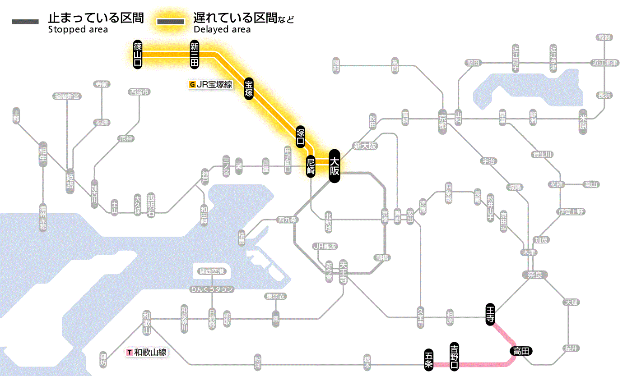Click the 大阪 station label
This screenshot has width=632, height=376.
[x=334, y=166]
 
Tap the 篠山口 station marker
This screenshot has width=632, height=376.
[x=138, y=54]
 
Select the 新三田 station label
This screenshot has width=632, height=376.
[x=195, y=54]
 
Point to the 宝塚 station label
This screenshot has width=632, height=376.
[x=249, y=88]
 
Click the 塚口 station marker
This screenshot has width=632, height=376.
[x=301, y=137]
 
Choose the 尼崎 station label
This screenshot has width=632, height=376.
[x=311, y=166]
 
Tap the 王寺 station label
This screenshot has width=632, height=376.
[x=491, y=313]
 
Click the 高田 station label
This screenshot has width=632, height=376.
[x=521, y=351]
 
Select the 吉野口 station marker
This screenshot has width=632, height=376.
[x=455, y=357]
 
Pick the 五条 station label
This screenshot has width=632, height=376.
[x=429, y=360]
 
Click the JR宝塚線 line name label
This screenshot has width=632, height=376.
[x=214, y=84]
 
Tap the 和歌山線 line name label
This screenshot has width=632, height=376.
[x=150, y=352]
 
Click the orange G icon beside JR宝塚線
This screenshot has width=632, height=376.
[x=193, y=84]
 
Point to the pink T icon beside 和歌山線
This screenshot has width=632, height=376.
[x=130, y=352]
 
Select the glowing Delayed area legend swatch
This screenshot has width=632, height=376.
[x=170, y=22]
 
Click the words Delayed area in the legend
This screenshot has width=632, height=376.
[x=222, y=30]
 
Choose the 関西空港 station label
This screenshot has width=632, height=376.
[x=212, y=271]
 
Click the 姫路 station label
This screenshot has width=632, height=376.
[x=70, y=181]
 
